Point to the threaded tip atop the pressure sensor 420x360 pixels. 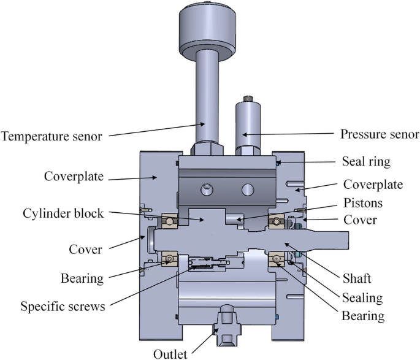click(x=250, y=98)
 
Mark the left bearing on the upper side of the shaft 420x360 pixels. click(x=169, y=220)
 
